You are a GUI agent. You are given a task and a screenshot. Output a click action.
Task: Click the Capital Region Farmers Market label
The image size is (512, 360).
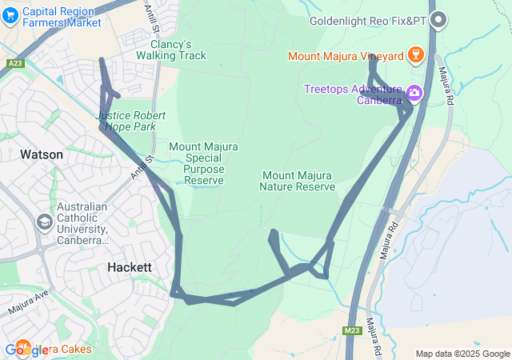tap(62, 17)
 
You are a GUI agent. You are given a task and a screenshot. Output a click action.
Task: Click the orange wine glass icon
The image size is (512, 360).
tap(414, 55)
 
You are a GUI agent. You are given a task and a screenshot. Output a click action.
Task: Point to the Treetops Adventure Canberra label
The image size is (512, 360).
tap(352, 94)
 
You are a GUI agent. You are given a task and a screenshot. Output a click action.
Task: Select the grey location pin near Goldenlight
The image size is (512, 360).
tap(438, 19)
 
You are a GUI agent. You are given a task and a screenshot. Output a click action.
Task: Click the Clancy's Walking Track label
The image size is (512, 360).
tap(170, 50)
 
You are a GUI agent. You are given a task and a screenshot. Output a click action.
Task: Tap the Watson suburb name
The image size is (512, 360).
tap(42, 154)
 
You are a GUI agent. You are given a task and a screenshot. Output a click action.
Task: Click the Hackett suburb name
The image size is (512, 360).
tap(129, 266)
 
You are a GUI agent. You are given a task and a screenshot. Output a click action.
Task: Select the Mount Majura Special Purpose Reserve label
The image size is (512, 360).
tap(204, 163)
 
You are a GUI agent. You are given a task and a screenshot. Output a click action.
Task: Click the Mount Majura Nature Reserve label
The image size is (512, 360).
tap(297, 181)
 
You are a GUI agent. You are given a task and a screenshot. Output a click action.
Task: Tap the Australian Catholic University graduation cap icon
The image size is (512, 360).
tap(45, 222)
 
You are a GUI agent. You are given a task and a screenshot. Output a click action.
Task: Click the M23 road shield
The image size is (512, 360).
tap(353, 330)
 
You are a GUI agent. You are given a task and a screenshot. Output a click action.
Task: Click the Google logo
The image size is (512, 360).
tap(26, 350)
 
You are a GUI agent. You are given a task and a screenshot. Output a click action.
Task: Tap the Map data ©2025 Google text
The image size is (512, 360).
tap(462, 354)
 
